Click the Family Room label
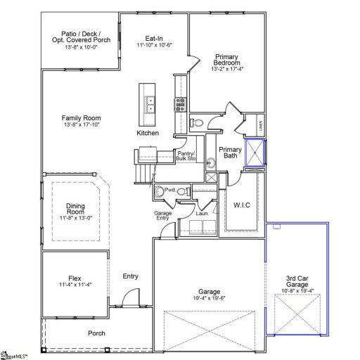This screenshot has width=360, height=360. click(x=81, y=118)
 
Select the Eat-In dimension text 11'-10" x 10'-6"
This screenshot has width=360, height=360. click(x=154, y=45)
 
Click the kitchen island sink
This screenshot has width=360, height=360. click(x=150, y=105)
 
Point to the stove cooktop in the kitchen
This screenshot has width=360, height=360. click(x=179, y=105)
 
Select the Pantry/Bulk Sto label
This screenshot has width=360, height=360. click(x=186, y=156)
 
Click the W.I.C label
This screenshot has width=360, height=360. click(x=242, y=205)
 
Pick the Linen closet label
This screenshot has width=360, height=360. click(x=261, y=127)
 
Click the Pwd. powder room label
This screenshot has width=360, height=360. click(x=169, y=190)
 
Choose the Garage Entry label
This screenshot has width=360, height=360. click(x=163, y=216)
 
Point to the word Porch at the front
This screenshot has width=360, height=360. click(x=96, y=333)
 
